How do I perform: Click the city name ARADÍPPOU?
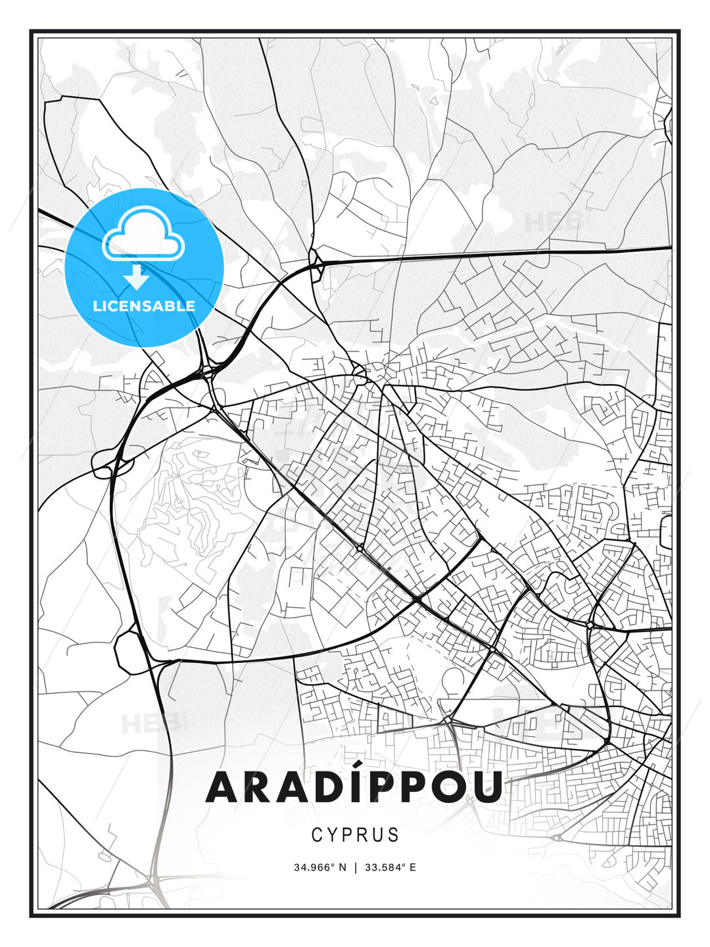pos(354,787)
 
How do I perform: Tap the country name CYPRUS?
pos(355,835)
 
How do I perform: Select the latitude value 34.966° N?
pos(319,867)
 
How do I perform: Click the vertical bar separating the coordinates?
pos(355,867)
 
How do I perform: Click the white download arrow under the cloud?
pos(137,277)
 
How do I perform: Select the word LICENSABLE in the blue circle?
pos(144,306)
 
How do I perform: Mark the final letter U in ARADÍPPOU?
pos(487,787)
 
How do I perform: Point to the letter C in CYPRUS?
pos(317,835)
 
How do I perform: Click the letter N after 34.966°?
pos(342,867)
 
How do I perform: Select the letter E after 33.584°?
pos(412,867)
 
